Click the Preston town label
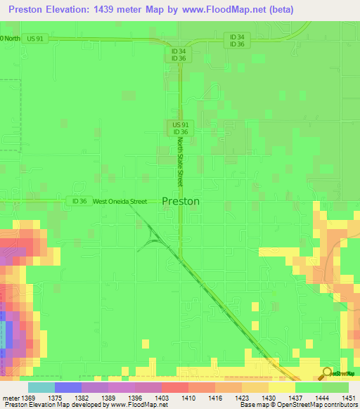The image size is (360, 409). tap(181, 200)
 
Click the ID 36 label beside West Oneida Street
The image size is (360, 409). tap(79, 202)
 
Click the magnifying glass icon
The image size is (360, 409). tap(326, 372)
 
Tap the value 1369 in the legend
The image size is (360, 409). tap(27, 398)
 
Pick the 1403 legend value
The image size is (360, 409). tap(161, 398)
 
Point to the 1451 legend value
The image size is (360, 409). tap(348, 398)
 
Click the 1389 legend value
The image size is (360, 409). tap(108, 398)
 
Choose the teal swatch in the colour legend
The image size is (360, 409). tap(41, 387)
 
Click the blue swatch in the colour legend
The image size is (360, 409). tap(67, 387)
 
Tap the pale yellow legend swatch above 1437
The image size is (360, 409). tap(281, 387)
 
